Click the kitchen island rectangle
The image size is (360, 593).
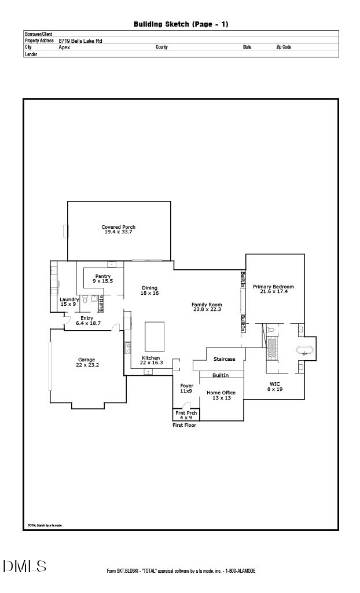tap(155, 337)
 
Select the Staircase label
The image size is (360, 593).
tap(225, 359)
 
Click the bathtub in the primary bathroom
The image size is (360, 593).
tap(304, 350)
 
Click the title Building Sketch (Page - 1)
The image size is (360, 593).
tap(181, 24)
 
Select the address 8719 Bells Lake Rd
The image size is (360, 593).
tap(80, 41)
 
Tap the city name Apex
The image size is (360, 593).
tap(64, 47)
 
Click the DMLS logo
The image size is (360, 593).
tap(24, 566)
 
